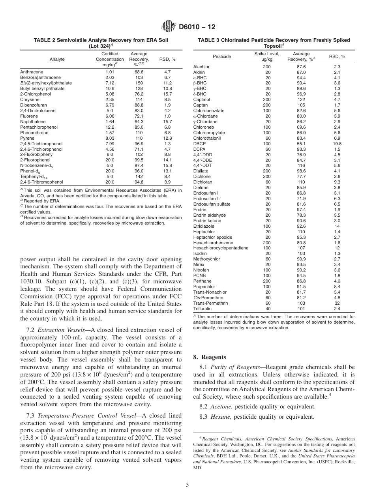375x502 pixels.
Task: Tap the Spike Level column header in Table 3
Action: click(266, 56)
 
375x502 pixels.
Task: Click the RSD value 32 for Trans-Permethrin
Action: click(337, 303)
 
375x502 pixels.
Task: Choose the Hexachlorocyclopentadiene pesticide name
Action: click(221, 248)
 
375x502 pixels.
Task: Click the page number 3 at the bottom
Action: click(187, 485)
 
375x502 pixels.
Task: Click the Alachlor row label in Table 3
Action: click(201, 67)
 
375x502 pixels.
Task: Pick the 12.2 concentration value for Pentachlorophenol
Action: click(110, 127)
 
